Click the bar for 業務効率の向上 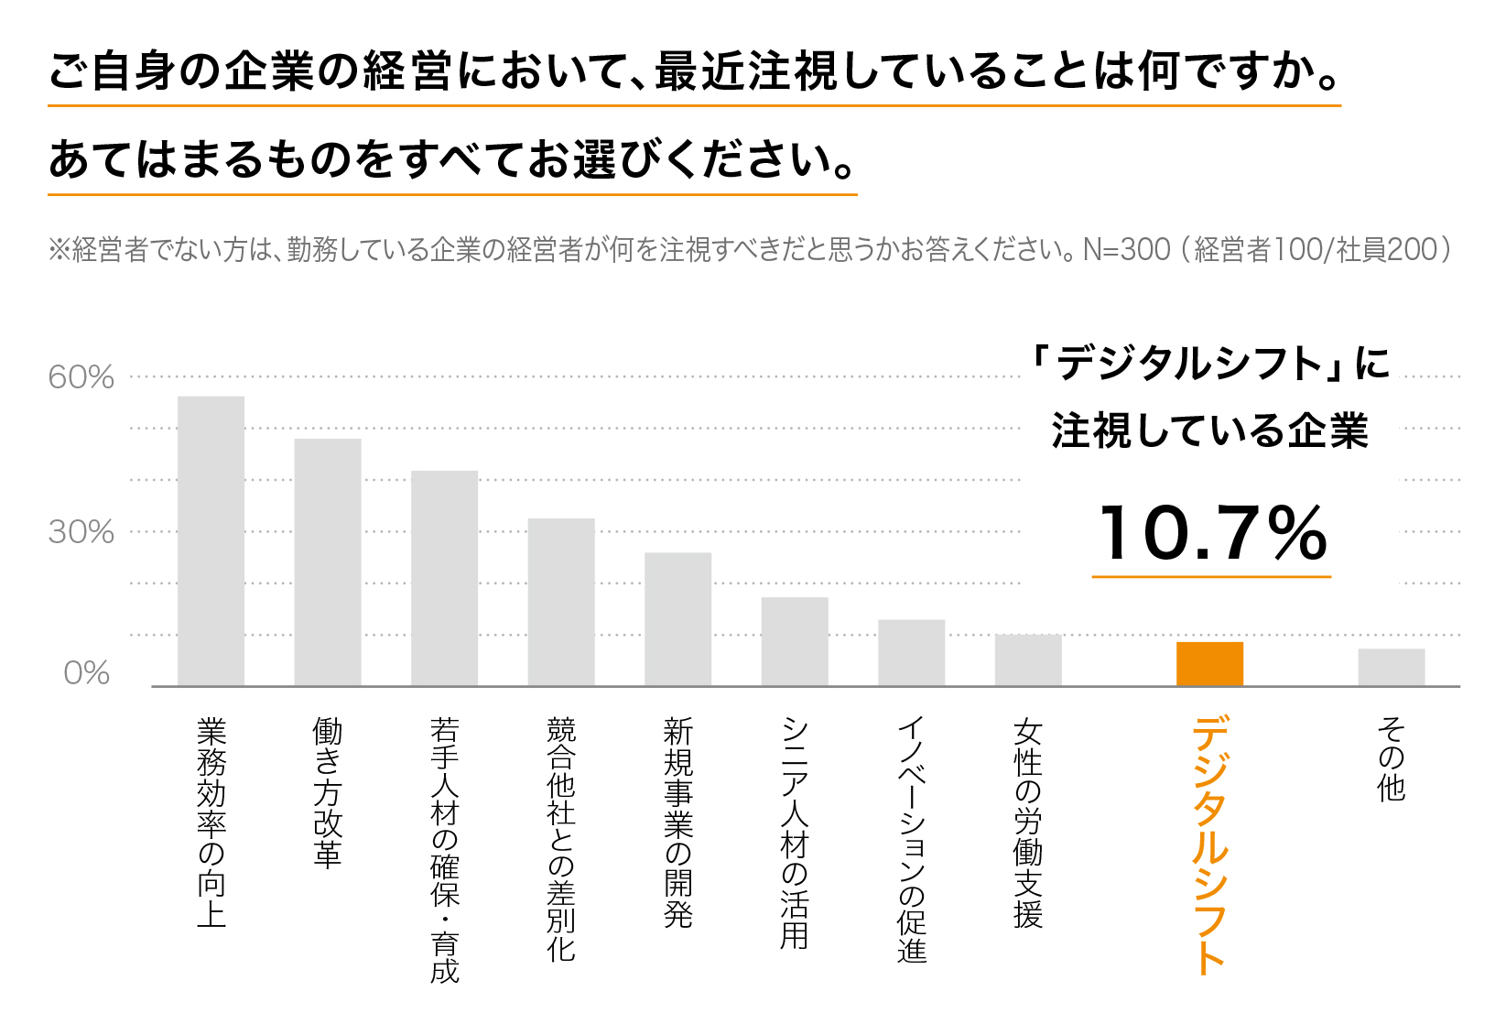pos(211,540)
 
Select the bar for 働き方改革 pos(327,561)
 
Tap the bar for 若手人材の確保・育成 pos(444,578)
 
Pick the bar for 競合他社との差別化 pos(560,602)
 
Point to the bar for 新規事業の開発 pos(677,618)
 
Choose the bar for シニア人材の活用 pos(795,641)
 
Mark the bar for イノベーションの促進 pos(911,652)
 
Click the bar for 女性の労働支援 pos(1028,659)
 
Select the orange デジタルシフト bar pos(1209,663)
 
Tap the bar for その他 pos(1391,667)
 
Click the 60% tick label pos(81,377)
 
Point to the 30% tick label pos(81,532)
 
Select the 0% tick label pos(87,674)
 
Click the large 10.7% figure pos(1212,533)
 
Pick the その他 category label pos(1391,759)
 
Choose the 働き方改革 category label pos(327,792)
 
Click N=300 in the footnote pos(1126,249)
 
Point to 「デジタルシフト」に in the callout pos(1210,364)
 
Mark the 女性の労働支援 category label pos(1028,823)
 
